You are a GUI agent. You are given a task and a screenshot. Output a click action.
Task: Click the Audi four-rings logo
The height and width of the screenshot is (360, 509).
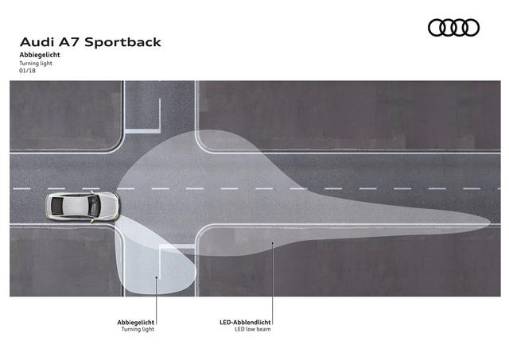pos(453,28)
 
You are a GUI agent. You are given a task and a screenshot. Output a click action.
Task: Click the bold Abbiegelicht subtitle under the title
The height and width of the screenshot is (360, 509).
pos(40,55)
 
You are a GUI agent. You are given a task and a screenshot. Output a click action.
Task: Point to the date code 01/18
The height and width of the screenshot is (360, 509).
pos(27,71)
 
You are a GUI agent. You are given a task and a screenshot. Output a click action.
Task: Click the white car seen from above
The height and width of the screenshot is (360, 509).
pos(83,207)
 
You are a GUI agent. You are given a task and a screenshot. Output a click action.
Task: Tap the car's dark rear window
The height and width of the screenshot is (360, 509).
pos(57,207)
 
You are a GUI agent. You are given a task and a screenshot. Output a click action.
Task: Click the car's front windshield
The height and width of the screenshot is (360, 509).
pos(94,207)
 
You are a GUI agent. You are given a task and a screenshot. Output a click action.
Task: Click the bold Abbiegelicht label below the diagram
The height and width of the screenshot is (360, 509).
pos(136,323)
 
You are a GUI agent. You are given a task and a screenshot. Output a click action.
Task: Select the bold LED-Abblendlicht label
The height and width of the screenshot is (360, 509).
pos(245,323)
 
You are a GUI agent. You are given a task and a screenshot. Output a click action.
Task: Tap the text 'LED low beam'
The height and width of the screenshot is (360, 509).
pos(253,329)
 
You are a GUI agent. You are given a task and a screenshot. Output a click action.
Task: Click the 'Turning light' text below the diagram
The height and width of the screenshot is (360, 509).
pos(138,329)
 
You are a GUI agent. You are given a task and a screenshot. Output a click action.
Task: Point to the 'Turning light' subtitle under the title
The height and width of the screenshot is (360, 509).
pos(36,64)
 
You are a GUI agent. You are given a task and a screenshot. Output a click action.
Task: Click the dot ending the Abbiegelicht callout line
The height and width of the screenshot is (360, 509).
pos(157,277)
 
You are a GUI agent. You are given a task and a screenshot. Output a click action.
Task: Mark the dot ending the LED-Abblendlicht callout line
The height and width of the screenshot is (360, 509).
pos(273,242)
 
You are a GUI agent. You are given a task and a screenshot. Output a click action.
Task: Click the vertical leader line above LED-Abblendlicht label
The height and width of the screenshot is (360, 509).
pos(273,283)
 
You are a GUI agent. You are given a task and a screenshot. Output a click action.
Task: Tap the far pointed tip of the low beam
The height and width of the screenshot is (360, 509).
pos(490,223)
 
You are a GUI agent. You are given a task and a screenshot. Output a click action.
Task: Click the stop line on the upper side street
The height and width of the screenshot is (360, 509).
pos(143,131)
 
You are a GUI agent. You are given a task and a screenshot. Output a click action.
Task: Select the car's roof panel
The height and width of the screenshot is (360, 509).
pos(76,207)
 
